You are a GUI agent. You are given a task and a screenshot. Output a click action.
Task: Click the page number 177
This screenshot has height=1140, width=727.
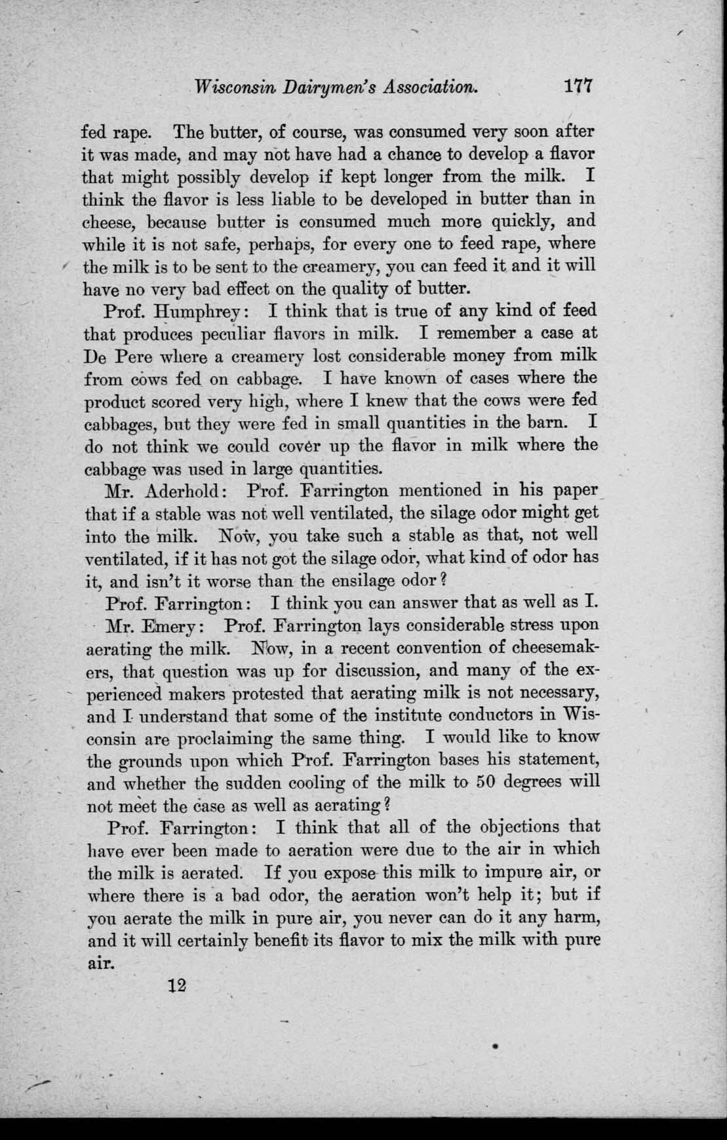[577, 87]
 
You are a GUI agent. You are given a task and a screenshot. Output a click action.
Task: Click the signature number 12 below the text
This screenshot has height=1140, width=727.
[178, 985]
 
